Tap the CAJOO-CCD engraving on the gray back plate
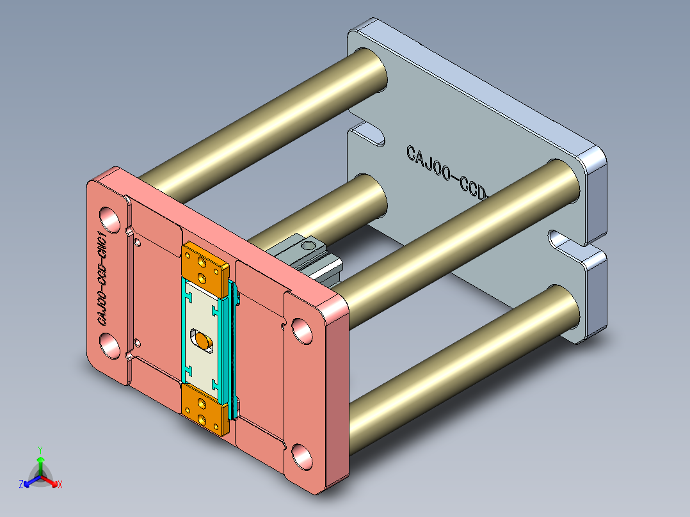click(447, 172)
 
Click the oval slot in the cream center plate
click(204, 340)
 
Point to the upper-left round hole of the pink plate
click(109, 219)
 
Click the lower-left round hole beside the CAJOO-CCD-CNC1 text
click(109, 345)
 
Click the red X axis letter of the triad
click(60, 484)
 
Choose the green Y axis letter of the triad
click(40, 450)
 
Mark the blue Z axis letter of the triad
click(21, 484)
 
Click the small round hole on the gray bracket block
click(307, 244)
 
